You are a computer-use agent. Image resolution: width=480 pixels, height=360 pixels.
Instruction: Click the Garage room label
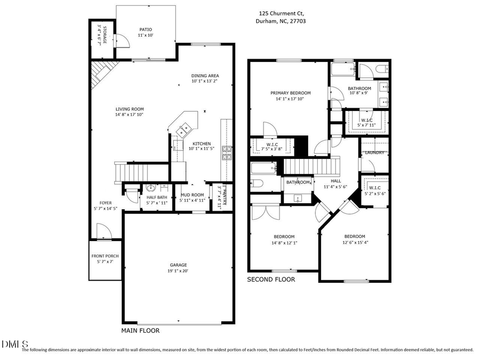[178, 265]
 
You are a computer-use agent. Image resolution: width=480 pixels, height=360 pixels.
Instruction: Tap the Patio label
[146, 30]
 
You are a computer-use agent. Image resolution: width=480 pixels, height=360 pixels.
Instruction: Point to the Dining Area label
[205, 76]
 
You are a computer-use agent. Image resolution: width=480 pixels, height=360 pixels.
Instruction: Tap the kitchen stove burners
[227, 153]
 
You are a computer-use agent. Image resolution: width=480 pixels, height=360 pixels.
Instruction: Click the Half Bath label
[157, 197]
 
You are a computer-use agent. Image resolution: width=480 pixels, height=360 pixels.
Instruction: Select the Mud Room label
[192, 195]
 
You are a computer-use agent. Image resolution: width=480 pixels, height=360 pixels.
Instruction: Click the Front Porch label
[105, 256]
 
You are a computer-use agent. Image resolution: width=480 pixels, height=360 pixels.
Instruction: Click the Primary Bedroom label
[290, 93]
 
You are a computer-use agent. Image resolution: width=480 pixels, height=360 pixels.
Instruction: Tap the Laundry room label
[374, 153]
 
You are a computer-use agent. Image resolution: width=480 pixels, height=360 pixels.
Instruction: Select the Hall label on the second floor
[335, 181]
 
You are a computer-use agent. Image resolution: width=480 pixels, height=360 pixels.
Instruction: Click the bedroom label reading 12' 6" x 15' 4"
[354, 236]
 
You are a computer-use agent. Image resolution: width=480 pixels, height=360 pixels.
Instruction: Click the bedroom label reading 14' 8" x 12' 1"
[284, 236]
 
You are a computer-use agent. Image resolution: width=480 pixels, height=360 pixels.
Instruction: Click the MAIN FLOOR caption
[140, 331]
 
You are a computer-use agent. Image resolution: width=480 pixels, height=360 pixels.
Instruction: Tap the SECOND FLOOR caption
[271, 279]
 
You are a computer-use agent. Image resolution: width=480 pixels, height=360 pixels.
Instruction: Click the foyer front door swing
[102, 231]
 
